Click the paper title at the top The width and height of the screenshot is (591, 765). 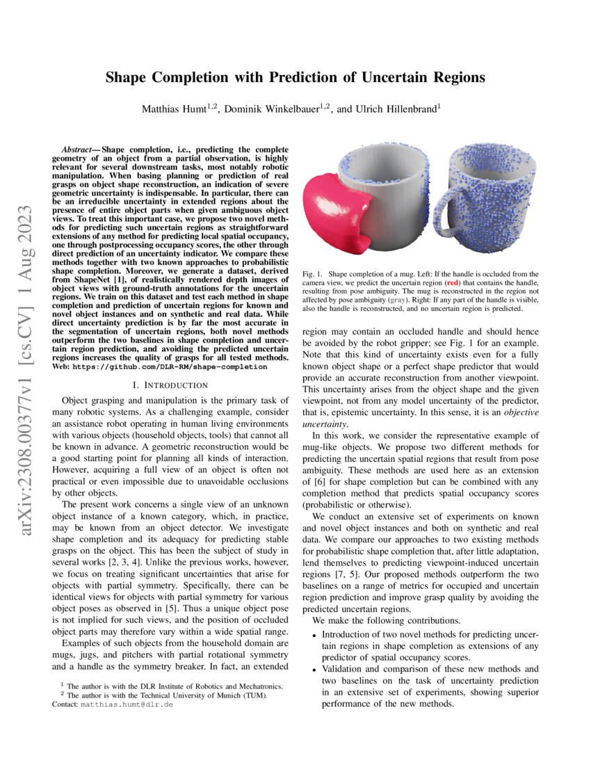(x=295, y=76)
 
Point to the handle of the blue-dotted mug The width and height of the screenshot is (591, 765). (x=445, y=209)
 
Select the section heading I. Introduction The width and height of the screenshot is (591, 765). (x=170, y=385)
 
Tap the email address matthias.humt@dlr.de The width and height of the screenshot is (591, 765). (x=127, y=704)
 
